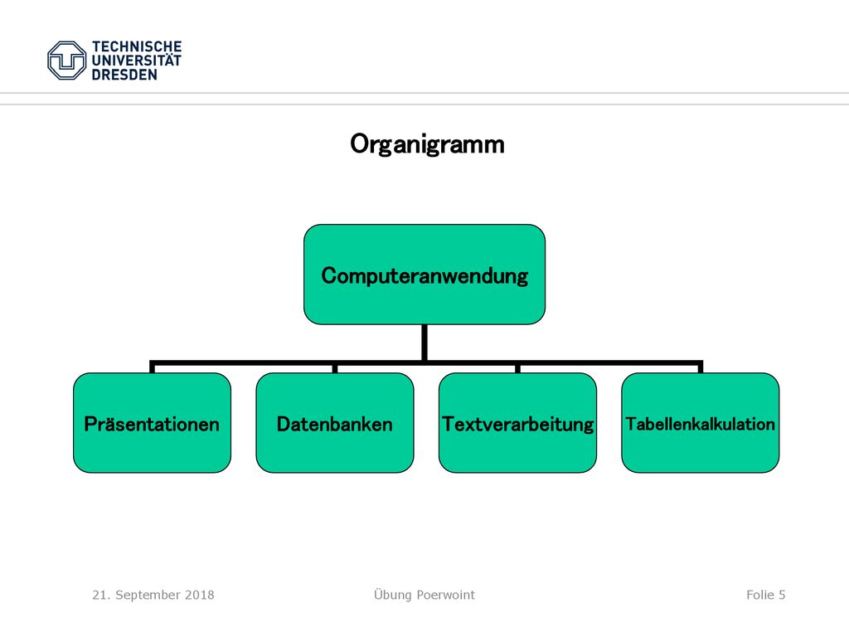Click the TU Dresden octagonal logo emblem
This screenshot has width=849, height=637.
66,61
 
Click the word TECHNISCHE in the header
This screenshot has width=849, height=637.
137,46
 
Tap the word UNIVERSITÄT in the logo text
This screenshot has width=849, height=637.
137,60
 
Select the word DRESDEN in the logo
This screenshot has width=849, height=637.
124,75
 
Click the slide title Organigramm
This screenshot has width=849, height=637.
427,144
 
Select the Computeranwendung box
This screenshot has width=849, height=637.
424,275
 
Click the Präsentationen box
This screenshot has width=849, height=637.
153,423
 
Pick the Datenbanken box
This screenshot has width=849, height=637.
335,423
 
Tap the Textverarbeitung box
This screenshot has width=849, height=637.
517,423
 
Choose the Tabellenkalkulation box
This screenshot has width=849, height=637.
700,423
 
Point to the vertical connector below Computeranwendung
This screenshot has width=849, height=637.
424,343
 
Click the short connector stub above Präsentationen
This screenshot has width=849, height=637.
153,367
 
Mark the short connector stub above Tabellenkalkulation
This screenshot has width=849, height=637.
700,367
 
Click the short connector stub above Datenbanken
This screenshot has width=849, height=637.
335,368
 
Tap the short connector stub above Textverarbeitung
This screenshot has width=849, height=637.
517,368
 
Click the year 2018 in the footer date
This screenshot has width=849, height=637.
199,595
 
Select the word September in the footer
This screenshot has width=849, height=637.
148,596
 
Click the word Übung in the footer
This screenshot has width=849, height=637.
393,595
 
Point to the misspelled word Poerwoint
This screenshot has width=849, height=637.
446,595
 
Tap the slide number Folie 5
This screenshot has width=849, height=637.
765,595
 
